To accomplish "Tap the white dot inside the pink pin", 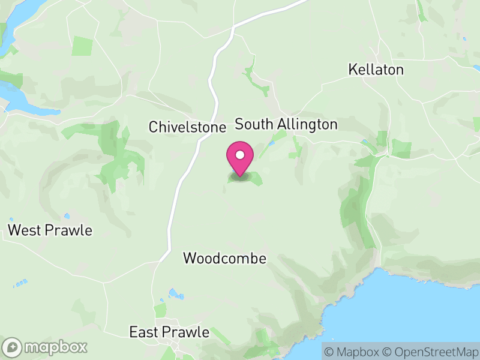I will (x=240, y=155).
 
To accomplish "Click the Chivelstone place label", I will (x=187, y=127).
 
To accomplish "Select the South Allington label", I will (x=286, y=124).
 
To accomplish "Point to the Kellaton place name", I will (x=376, y=70).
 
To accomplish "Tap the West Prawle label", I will (x=50, y=230).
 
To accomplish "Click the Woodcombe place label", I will (x=224, y=258).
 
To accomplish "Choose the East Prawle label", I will (x=170, y=332).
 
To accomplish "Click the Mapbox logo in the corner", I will (x=46, y=347).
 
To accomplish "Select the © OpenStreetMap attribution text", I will (x=431, y=351).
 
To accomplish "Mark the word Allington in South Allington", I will (x=304, y=124).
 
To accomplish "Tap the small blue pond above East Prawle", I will (x=175, y=294).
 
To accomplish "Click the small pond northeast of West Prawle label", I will (x=67, y=216).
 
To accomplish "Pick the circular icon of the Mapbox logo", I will (x=13, y=347).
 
